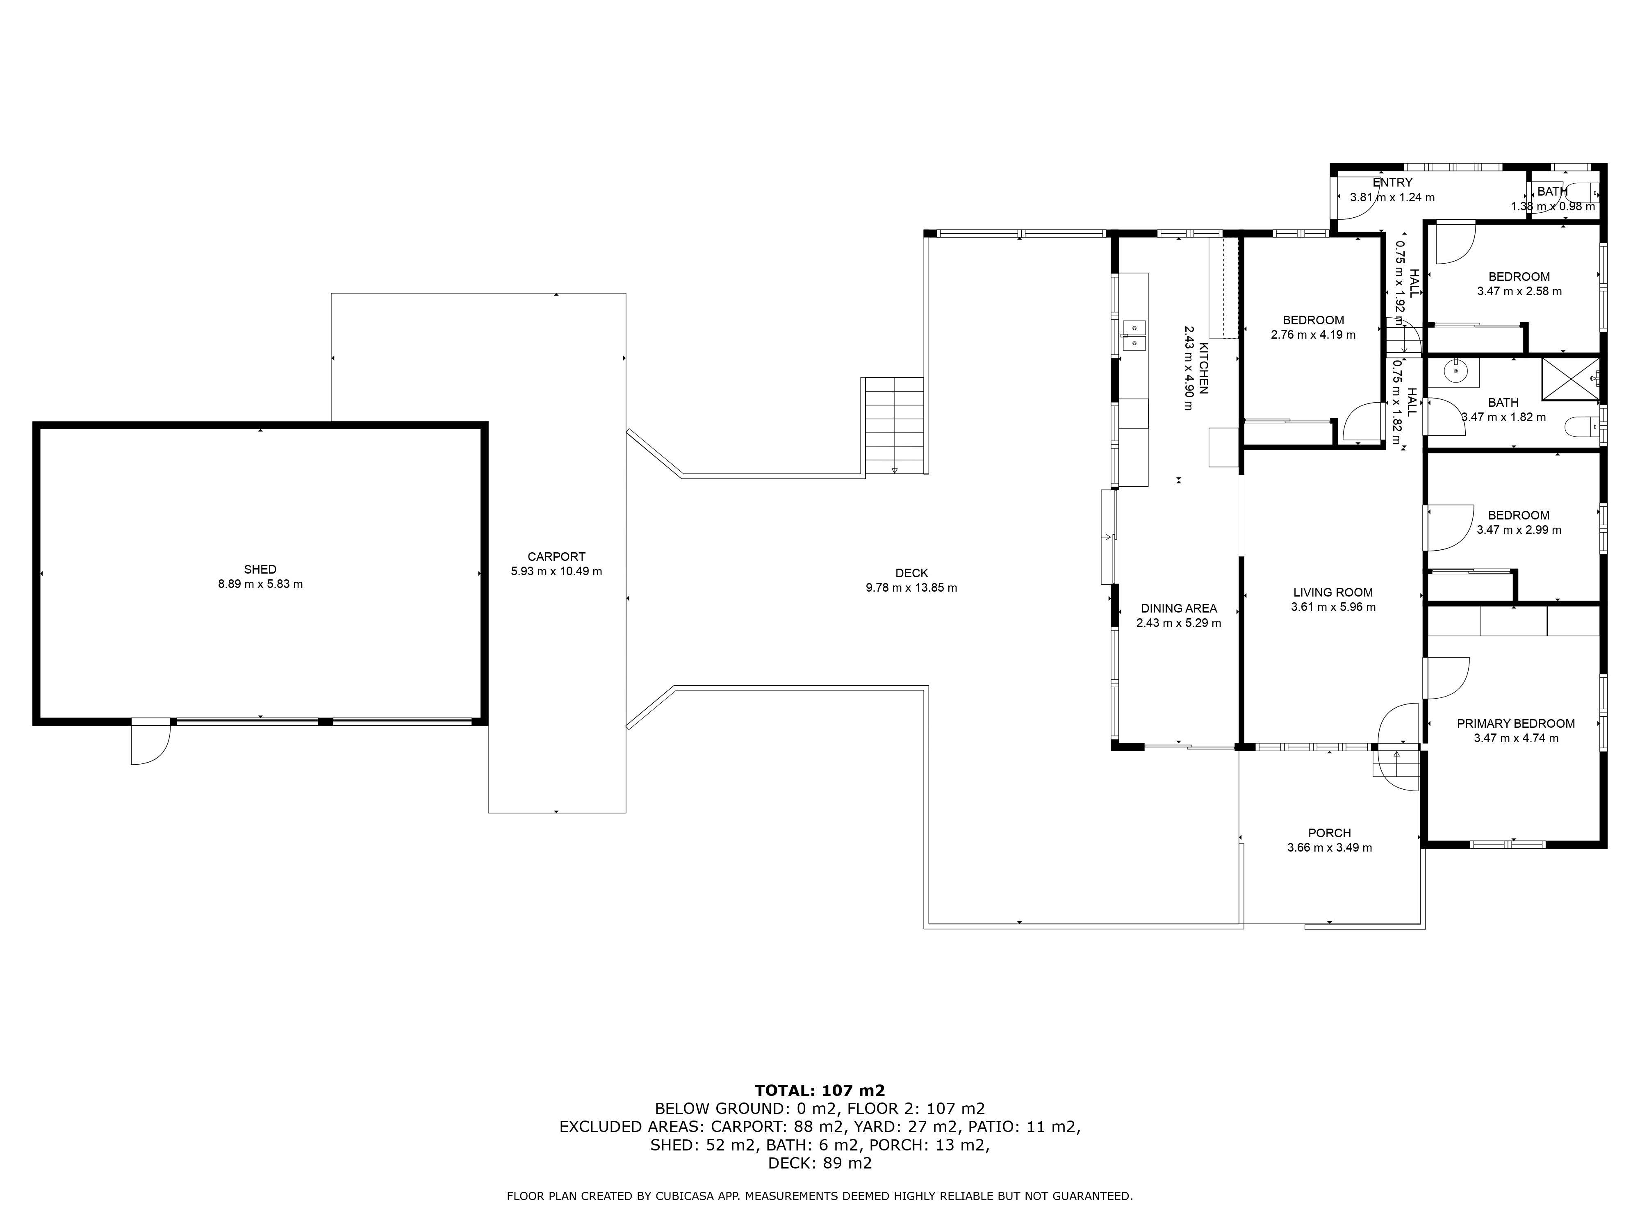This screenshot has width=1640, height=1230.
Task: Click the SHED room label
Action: click(260, 569)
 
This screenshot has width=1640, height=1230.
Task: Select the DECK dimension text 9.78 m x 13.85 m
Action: click(911, 588)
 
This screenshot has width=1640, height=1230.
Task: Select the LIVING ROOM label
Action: click(1332, 592)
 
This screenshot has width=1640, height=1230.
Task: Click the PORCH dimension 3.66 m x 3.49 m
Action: click(1329, 847)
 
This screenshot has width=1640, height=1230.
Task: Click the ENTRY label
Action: click(1392, 182)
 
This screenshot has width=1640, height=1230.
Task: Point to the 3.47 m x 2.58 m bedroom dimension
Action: click(1519, 292)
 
